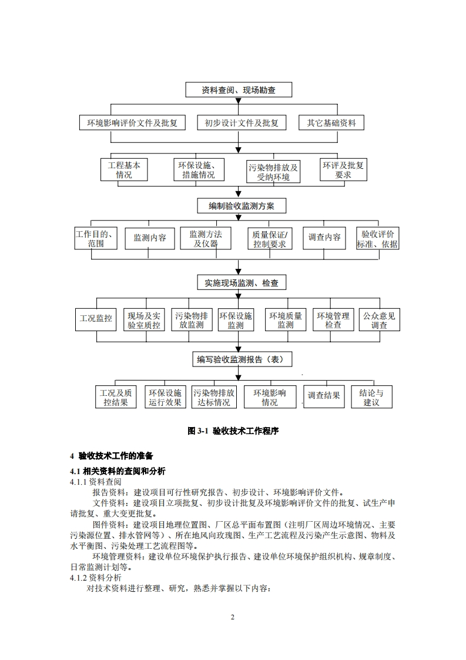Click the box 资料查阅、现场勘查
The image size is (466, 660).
(x=238, y=90)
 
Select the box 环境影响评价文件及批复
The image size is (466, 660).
(x=132, y=123)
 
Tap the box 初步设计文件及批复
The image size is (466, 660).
(x=242, y=123)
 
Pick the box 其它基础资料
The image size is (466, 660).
(x=331, y=123)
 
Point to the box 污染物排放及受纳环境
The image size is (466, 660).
(x=273, y=172)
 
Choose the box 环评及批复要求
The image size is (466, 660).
(x=343, y=170)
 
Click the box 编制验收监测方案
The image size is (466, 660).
(x=240, y=206)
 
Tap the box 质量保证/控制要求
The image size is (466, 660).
(x=270, y=238)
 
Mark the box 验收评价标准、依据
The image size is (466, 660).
(x=377, y=238)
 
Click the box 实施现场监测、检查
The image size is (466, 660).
(x=241, y=283)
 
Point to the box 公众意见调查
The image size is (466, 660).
(x=379, y=320)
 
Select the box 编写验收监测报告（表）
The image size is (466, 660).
(x=242, y=359)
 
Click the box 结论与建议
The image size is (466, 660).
(x=371, y=398)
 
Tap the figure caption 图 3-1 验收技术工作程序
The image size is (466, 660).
(x=233, y=431)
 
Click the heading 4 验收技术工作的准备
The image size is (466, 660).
(x=111, y=456)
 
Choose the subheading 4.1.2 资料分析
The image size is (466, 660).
(x=96, y=578)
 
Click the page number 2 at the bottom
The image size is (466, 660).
(x=233, y=617)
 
